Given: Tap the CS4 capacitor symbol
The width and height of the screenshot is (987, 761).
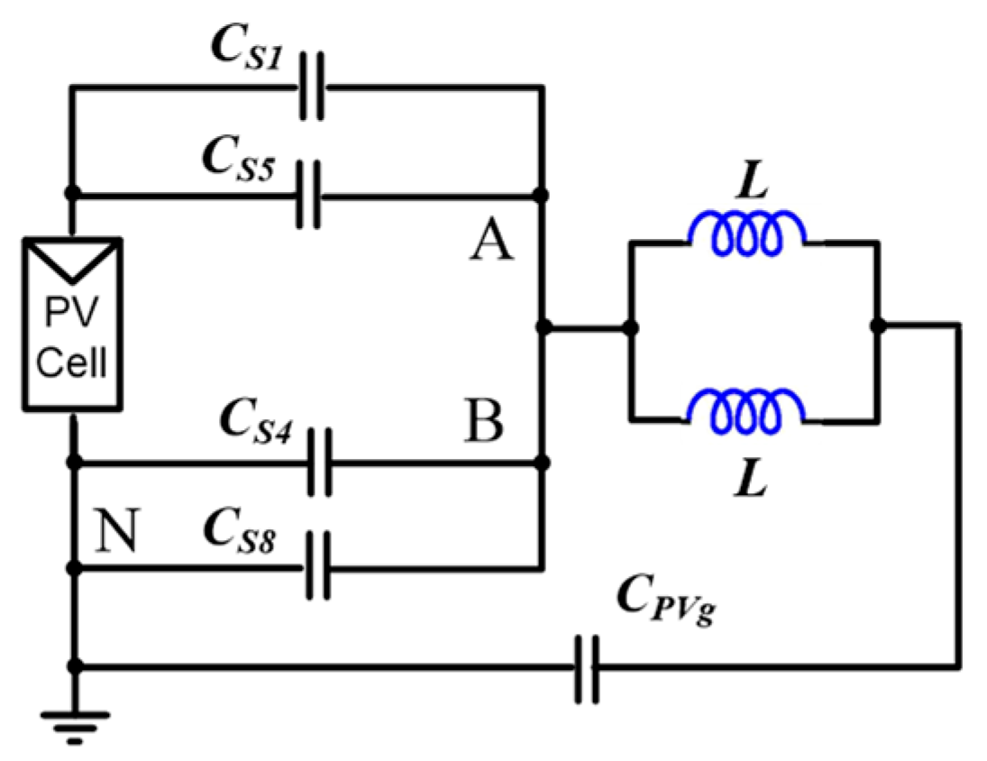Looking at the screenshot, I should (319, 463).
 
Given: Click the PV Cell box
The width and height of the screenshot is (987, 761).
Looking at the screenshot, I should (73, 324).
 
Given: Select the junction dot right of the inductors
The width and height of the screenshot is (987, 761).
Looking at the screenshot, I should (877, 327).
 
